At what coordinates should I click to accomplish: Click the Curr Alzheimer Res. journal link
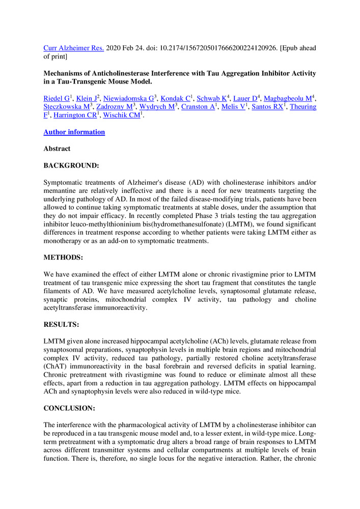[x=74, y=48]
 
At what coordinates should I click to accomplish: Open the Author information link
[x=74, y=132]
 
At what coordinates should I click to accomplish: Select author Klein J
[x=87, y=98]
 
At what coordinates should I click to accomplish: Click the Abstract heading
[x=57, y=149]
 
